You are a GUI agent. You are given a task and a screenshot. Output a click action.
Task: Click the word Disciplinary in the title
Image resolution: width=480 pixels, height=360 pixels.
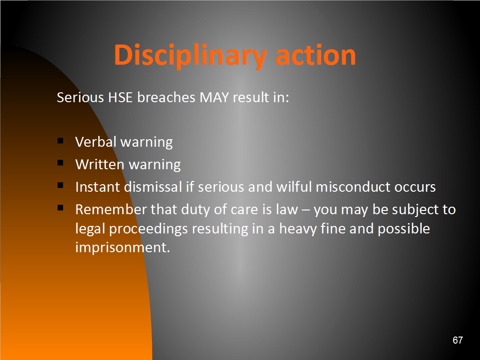[x=190, y=55]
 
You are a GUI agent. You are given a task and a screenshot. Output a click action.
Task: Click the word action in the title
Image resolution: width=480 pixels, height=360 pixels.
[x=315, y=55]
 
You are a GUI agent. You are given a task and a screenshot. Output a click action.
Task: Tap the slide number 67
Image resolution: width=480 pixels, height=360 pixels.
[x=457, y=340]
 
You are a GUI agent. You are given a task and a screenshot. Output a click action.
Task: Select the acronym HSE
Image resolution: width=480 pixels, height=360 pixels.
[x=120, y=97]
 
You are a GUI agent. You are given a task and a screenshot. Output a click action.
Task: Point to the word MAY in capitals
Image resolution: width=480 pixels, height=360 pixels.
[x=214, y=97]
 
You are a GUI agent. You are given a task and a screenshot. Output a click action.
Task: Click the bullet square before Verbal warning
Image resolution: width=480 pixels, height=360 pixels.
[x=60, y=141]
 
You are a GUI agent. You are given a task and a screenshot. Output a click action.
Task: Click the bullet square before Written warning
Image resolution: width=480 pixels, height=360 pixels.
[x=60, y=163]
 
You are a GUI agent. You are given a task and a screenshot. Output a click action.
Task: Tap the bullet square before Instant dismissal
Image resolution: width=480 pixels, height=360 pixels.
[x=60, y=185]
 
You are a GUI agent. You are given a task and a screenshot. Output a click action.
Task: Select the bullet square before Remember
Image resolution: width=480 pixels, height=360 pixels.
[x=60, y=208]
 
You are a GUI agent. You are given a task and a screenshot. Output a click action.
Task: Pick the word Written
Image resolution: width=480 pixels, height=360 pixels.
[x=100, y=165]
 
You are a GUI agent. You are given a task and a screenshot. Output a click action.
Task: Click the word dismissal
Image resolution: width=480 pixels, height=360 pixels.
[x=153, y=187]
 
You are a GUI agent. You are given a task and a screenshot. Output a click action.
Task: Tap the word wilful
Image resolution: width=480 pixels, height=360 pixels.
[x=294, y=187]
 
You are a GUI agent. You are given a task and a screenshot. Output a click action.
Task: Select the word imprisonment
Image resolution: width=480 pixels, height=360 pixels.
[x=122, y=247]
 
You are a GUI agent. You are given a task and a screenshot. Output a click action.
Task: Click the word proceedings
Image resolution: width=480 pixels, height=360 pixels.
[x=149, y=229]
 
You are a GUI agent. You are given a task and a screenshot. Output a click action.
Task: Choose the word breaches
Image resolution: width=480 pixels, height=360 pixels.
[x=166, y=97]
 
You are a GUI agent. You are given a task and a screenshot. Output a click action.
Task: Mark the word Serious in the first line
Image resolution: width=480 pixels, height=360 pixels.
[x=81, y=97]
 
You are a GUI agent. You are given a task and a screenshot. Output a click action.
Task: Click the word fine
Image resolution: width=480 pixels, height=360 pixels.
[x=333, y=228]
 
